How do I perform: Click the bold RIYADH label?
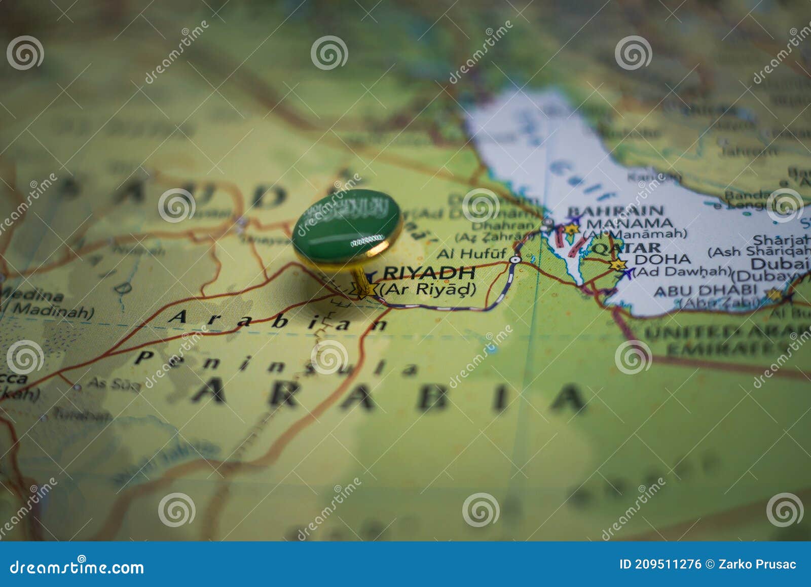point(429,273)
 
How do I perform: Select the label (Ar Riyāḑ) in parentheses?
point(428,289)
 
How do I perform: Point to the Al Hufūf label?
point(471,253)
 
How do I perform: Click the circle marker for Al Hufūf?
point(515,259)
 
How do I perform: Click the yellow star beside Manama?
point(571,230)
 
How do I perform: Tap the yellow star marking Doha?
point(617,265)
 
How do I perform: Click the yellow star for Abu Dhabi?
point(773,294)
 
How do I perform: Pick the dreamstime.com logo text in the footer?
point(77,567)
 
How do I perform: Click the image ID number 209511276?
point(668,565)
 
